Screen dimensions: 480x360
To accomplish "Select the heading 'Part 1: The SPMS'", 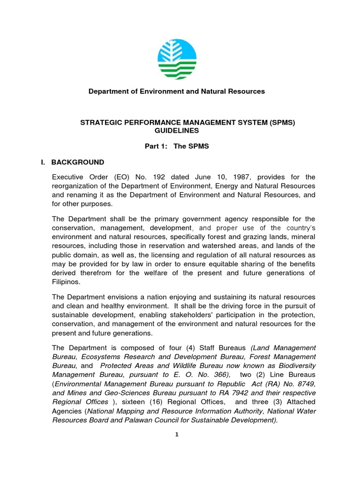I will [177, 146].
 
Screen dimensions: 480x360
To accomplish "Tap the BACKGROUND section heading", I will [77, 162].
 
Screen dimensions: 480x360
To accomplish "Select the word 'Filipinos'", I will [66, 282].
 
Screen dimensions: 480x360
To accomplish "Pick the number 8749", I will [304, 383].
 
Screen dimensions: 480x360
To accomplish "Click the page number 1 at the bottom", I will [177, 435].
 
